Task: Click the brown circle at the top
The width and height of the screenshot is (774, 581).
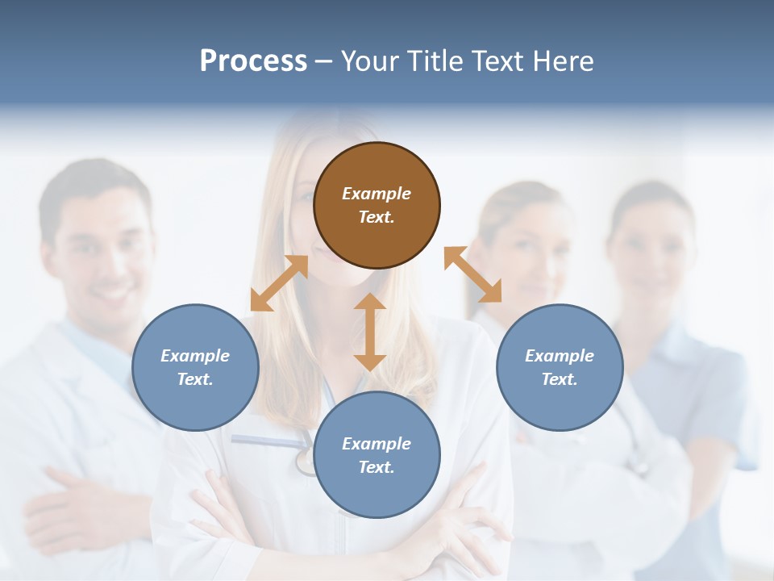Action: pyautogui.click(x=377, y=206)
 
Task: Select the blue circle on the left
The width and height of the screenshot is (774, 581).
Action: pyautogui.click(x=195, y=367)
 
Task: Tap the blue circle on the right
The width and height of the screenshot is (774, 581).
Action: pyautogui.click(x=560, y=367)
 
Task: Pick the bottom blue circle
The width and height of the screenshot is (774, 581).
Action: pyautogui.click(x=377, y=455)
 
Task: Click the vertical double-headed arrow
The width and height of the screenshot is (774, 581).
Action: pyautogui.click(x=370, y=332)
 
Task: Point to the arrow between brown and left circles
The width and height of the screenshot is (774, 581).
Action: pyautogui.click(x=279, y=283)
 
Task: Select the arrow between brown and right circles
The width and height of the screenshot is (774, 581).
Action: pyautogui.click(x=473, y=274)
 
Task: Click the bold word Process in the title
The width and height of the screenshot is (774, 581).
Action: pyautogui.click(x=253, y=61)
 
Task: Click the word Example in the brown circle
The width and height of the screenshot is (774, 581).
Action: pyautogui.click(x=377, y=194)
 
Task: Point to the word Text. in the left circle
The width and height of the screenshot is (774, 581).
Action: pyautogui.click(x=195, y=379)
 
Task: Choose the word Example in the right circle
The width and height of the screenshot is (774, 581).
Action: pyautogui.click(x=560, y=356)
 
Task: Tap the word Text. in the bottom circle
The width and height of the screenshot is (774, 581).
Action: pyautogui.click(x=377, y=467)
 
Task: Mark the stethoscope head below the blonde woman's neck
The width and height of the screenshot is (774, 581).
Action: pyautogui.click(x=305, y=462)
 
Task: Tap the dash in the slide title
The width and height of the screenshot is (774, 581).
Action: pyautogui.click(x=324, y=62)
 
